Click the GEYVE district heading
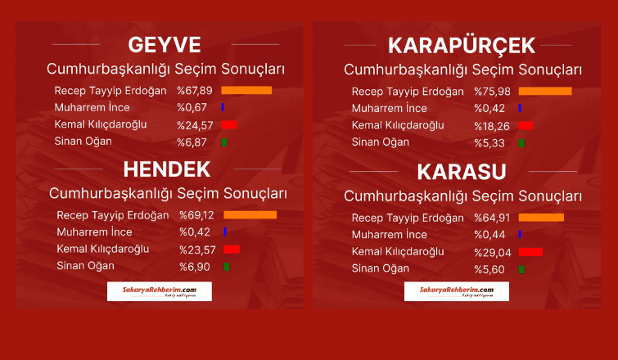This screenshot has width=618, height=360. tap(165, 45)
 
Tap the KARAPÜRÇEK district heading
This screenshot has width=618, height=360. tap(462, 46)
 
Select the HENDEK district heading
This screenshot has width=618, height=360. tap(167, 169)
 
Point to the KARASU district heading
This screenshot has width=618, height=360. tap(462, 172)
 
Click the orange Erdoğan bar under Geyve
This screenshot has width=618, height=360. tap(246, 91)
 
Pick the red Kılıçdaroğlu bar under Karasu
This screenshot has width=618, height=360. tap(530, 252)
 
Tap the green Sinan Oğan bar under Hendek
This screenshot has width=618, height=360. tap(226, 267)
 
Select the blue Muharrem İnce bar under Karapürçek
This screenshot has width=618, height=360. tap(520, 108)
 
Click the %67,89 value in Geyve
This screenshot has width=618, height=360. tap(195, 91)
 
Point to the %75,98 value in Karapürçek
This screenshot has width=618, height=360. tap(492, 92)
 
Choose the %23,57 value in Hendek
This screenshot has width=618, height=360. tap(197, 250)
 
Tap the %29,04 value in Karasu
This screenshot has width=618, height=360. tap(493, 253)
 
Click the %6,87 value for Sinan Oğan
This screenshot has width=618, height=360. tap(192, 142)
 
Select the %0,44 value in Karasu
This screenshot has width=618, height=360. tap(489, 235)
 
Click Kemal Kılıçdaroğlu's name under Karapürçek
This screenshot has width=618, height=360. tap(398, 125)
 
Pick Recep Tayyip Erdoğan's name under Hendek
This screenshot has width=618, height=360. tap(113, 215)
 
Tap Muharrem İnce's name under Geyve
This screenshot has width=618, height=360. tap(92, 107)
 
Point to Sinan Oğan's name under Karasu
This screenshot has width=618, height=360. tap(381, 268)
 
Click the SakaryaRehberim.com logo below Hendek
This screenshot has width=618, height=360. tap(160, 291)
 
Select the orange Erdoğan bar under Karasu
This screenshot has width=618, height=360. tap(541, 218)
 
